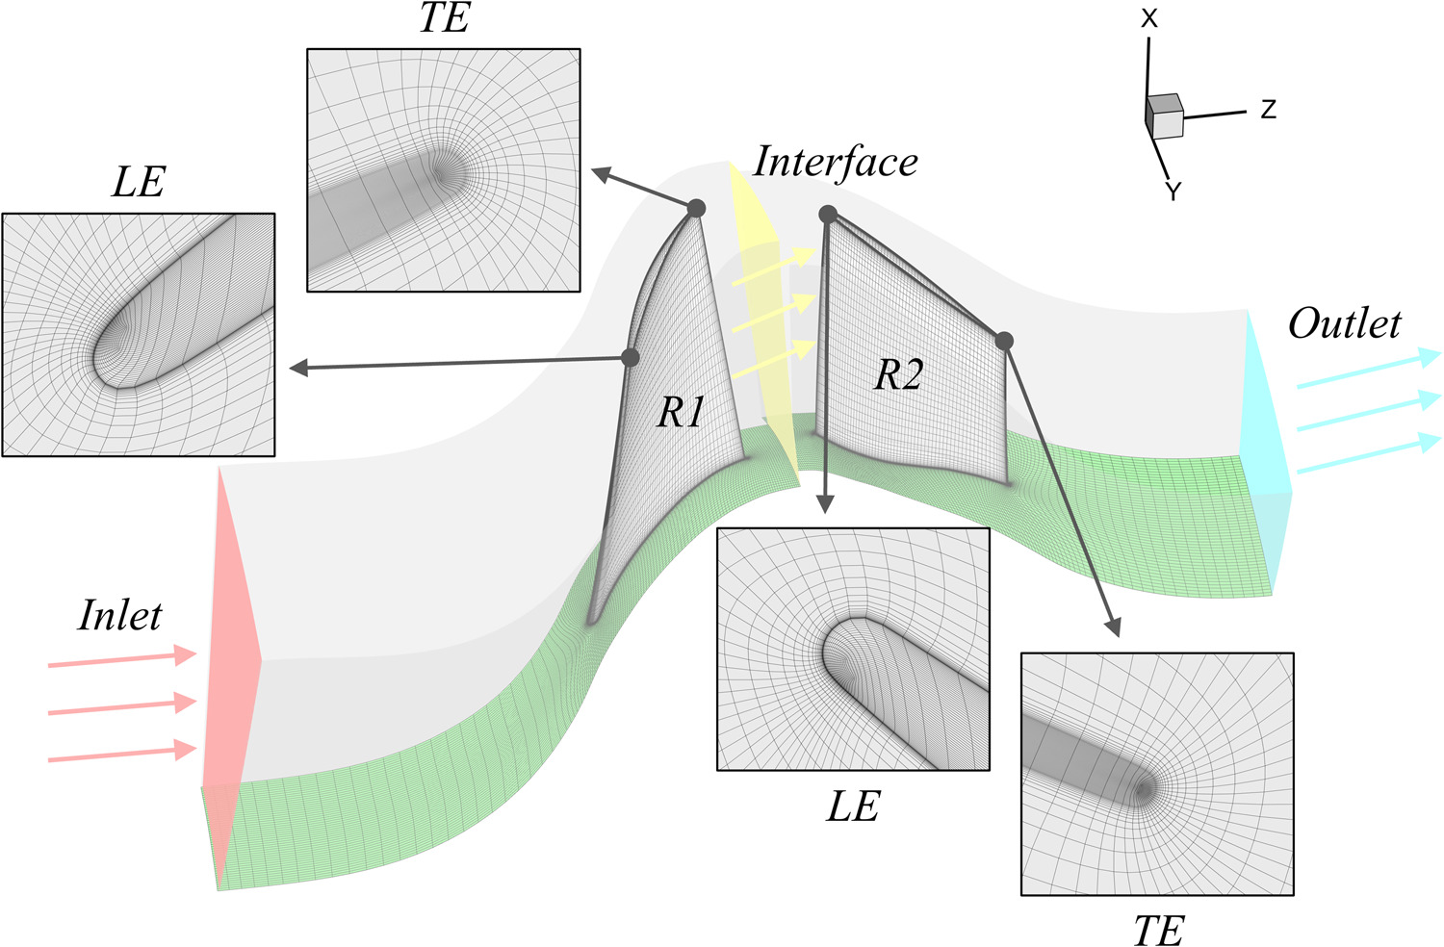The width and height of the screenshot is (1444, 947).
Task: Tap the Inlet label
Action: pyautogui.click(x=120, y=615)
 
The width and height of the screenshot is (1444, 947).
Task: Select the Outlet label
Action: pyautogui.click(x=1345, y=323)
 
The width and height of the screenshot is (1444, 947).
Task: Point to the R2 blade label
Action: pyautogui.click(x=898, y=374)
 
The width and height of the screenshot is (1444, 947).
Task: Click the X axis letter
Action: pyautogui.click(x=1148, y=18)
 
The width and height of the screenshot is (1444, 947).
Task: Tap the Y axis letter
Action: pyautogui.click(x=1173, y=192)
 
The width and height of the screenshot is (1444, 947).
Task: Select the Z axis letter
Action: pyautogui.click(x=1269, y=110)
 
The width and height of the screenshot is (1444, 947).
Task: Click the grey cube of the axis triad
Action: pyautogui.click(x=1164, y=116)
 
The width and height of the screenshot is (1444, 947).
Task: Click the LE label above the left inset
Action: pyautogui.click(x=139, y=181)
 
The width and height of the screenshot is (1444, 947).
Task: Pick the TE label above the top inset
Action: pyautogui.click(x=444, y=17)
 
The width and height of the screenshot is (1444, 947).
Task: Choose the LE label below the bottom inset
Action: pyautogui.click(x=853, y=806)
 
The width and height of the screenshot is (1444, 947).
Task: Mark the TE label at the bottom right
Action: pyautogui.click(x=1158, y=930)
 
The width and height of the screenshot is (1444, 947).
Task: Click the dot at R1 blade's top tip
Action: pyautogui.click(x=696, y=208)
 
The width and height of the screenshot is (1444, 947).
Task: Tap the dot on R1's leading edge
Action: pyautogui.click(x=631, y=357)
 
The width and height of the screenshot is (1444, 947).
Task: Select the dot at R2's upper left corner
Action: pyautogui.click(x=828, y=215)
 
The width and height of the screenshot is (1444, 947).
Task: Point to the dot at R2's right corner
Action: pyautogui.click(x=1004, y=341)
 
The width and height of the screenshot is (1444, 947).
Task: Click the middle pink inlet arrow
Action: pyautogui.click(x=122, y=706)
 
